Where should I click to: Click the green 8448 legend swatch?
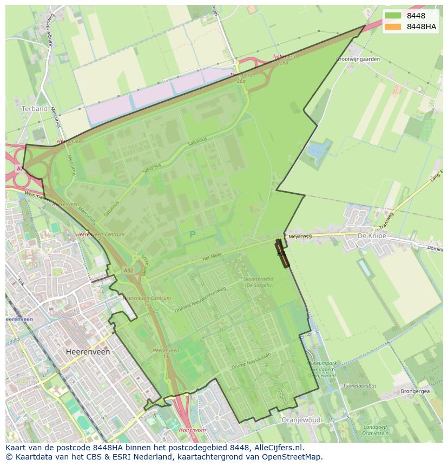tap(393, 16)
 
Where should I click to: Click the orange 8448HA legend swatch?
tap(393, 27)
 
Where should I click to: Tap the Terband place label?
tap(35, 109)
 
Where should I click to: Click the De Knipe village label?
tap(370, 237)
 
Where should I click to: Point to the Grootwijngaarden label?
tap(358, 59)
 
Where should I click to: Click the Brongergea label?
tap(415, 391)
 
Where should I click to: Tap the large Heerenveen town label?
tap(88, 352)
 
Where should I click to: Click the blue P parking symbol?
tap(192, 235)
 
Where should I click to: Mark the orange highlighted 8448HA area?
tap(282, 254)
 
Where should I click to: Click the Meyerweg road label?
tap(300, 237)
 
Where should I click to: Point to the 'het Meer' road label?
tap(213, 258)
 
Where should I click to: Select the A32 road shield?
tap(128, 270)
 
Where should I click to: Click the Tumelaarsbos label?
tap(359, 386)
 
